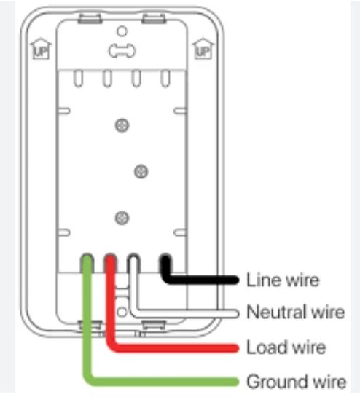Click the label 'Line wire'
283,280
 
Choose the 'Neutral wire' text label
295,312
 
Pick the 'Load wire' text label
286,347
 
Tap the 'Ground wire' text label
297,381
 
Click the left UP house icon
41,49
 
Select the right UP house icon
203,49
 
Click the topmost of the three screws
122,125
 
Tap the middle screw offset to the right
141,172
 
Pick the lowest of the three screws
122,218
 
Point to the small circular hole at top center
122,31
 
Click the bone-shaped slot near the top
122,51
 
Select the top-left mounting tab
90,19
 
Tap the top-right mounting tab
154,19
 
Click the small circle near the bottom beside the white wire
122,312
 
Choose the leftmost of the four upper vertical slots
78,79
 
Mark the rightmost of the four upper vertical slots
165,79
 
